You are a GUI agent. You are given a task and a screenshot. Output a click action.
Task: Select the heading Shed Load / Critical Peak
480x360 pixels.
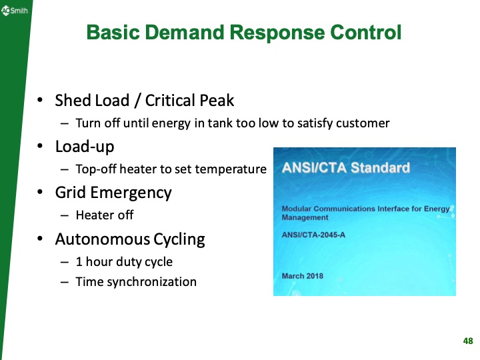click(144, 101)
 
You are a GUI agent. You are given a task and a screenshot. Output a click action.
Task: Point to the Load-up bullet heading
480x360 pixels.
click(83, 147)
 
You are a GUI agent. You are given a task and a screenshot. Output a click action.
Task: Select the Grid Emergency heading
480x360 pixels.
click(113, 193)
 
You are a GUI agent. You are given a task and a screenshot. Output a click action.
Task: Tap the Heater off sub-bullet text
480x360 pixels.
click(104, 215)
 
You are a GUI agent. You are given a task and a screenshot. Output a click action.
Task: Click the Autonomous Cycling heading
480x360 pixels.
click(129, 239)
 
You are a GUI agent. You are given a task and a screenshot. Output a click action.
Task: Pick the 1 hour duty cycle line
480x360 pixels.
click(124, 261)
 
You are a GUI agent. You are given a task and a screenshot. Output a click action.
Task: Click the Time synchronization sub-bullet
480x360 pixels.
click(136, 282)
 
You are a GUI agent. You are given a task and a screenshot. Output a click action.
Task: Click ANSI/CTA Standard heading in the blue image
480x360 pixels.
click(346, 167)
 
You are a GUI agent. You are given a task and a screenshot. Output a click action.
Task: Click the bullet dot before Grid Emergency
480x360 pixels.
click(41, 193)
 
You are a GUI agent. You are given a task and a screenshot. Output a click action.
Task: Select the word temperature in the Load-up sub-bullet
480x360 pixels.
click(234, 169)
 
